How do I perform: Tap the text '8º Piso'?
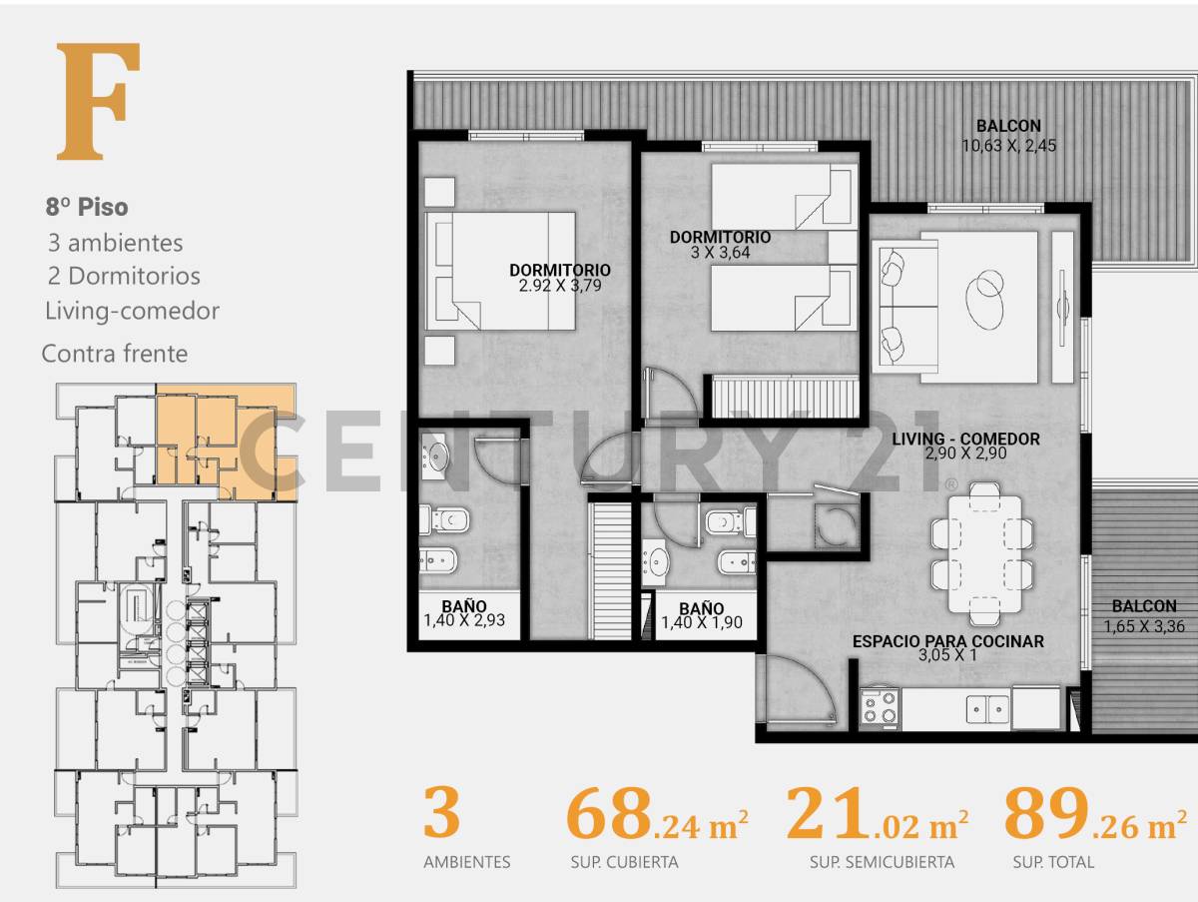pyautogui.click(x=87, y=208)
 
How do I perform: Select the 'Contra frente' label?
pyautogui.click(x=114, y=353)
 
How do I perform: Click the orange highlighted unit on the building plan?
pyautogui.click(x=225, y=440)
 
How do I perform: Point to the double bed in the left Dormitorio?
pyautogui.click(x=500, y=270)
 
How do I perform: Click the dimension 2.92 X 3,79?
pyautogui.click(x=559, y=286)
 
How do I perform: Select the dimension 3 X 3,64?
pyautogui.click(x=720, y=253)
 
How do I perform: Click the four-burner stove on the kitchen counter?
pyautogui.click(x=880, y=708)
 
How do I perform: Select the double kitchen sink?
pyautogui.click(x=988, y=709)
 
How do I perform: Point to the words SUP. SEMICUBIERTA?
pyautogui.click(x=882, y=862)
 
